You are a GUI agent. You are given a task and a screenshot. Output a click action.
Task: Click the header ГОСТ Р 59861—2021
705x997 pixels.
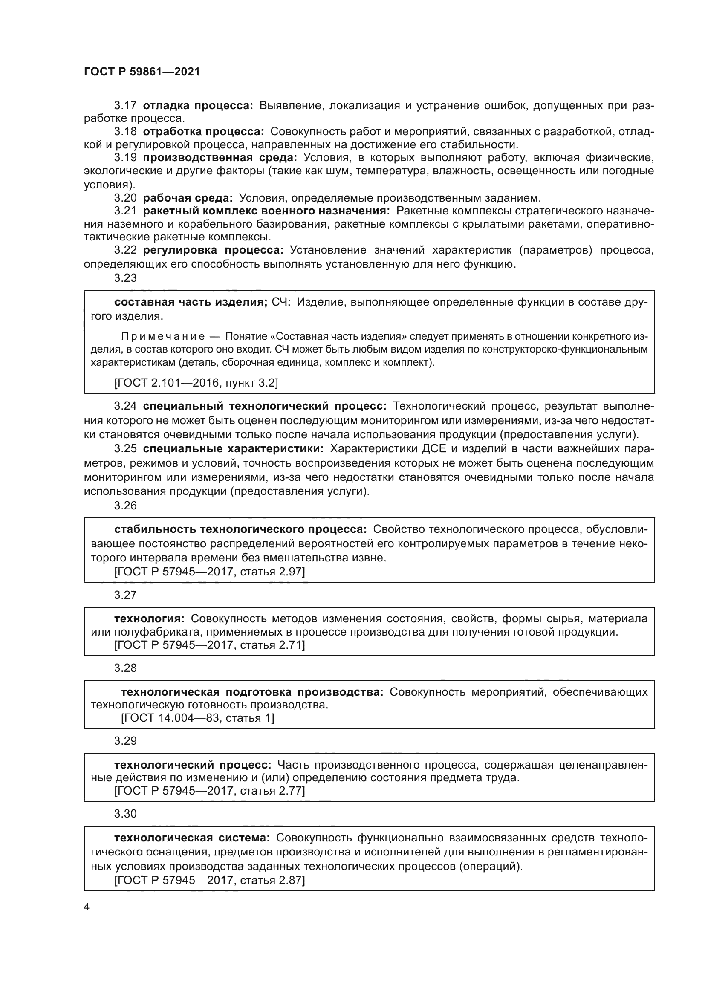[x=142, y=72]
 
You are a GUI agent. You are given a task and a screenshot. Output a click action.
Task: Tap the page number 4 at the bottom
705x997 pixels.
[x=87, y=907]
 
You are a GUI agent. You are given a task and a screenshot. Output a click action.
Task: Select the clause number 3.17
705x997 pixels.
[x=125, y=106]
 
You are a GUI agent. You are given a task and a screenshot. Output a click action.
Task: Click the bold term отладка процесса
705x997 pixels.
[x=197, y=106]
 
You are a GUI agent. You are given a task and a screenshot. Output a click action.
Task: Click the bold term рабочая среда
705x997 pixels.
[x=188, y=198]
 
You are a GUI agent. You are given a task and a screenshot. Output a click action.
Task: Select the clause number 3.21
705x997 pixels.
[x=125, y=211]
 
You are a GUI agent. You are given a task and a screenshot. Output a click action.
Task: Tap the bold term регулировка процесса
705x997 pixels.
[x=213, y=250]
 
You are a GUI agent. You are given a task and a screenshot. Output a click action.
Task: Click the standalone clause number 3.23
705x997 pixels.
[x=125, y=278]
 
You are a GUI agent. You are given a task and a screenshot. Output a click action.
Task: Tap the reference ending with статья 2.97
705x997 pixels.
[x=210, y=572]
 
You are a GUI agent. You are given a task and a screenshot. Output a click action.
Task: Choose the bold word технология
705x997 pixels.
[x=149, y=618]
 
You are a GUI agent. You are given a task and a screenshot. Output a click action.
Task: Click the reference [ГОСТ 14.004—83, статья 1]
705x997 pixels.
[x=197, y=718]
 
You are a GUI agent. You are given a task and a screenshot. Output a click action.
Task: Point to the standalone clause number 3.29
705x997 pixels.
[x=125, y=741]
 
